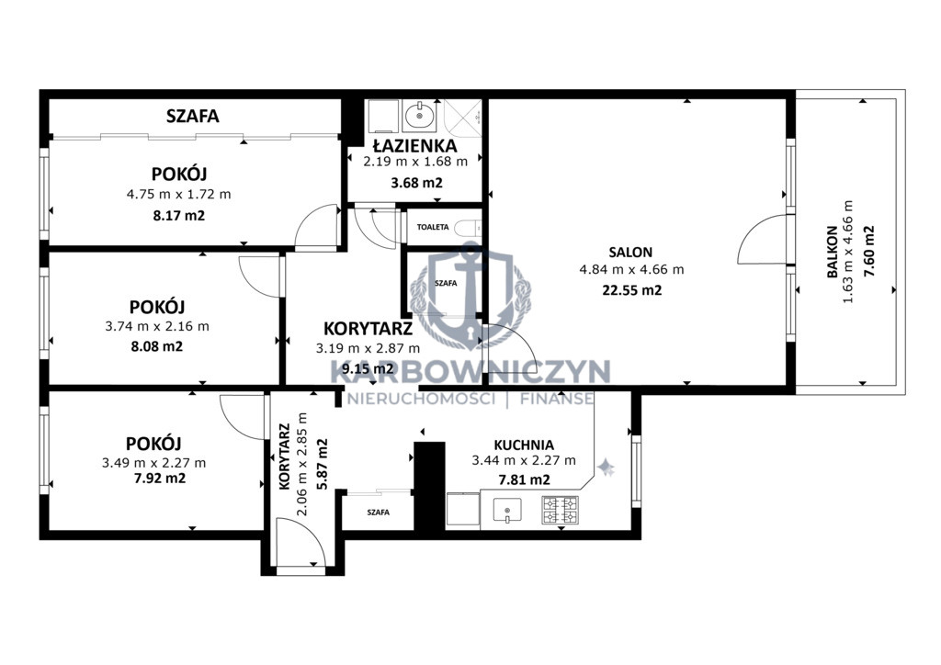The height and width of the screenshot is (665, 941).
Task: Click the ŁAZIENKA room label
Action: point(414,146)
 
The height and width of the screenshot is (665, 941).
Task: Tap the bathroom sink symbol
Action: point(420,115)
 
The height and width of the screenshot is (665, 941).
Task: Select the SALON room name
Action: point(630,253)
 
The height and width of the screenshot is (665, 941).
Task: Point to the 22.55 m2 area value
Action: point(632,290)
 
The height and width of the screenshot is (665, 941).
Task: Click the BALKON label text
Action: point(833,252)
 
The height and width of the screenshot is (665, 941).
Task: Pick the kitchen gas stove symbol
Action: point(561,510)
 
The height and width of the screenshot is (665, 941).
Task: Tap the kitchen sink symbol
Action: point(507,511)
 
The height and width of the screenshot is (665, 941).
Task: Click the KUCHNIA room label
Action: point(524,445)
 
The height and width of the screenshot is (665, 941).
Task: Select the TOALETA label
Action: point(433,227)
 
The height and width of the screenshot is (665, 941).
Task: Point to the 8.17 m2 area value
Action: point(179,215)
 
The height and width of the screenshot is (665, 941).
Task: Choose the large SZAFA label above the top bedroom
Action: point(193,116)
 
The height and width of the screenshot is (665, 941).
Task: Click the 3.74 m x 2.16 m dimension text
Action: point(157,327)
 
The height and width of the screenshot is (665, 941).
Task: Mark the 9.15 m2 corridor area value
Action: point(368,368)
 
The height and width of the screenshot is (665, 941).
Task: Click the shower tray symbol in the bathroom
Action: point(463,118)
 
